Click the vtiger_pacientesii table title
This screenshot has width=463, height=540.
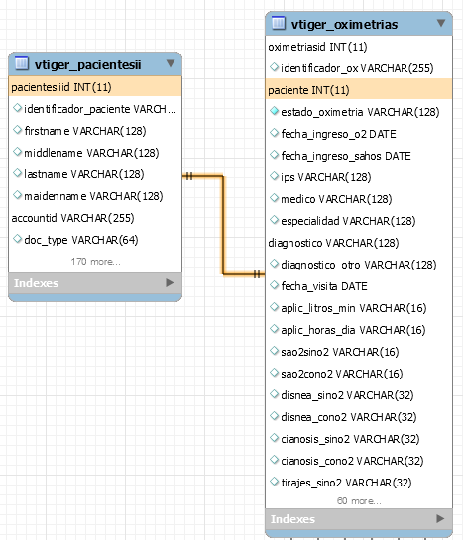click(87, 64)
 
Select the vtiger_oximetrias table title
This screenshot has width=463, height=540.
click(344, 25)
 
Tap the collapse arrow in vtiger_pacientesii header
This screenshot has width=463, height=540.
click(171, 63)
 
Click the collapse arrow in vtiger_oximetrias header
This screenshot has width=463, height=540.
click(441, 23)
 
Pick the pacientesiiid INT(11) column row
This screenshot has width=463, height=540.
click(61, 87)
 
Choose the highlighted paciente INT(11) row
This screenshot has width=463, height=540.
click(308, 90)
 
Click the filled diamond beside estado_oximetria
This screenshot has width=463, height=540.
click(275, 111)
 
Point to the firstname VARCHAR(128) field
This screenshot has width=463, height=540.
click(85, 131)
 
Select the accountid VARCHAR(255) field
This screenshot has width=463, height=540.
click(72, 218)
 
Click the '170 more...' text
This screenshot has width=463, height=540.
click(96, 262)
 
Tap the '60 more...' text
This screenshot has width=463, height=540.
click(359, 501)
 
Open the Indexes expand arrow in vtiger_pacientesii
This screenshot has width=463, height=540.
click(170, 282)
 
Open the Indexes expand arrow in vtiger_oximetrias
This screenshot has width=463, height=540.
click(440, 518)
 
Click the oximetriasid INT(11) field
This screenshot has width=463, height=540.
click(317, 47)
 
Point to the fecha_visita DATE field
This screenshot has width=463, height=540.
click(324, 286)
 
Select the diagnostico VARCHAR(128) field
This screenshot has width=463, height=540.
click(333, 243)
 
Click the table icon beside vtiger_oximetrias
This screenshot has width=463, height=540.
click(279, 23)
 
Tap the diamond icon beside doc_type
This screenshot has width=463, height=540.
click(17, 239)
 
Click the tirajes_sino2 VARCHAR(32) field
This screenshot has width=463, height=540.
click(347, 483)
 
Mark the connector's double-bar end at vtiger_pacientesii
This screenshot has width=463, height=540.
click(188, 176)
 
